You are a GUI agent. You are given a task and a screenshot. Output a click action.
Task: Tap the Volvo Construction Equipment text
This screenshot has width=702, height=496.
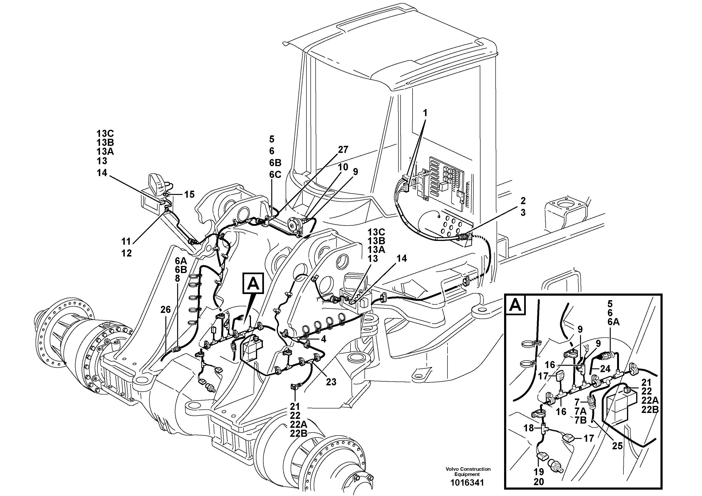point(468,471)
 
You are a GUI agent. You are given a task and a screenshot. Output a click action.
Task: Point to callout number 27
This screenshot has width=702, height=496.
point(343,150)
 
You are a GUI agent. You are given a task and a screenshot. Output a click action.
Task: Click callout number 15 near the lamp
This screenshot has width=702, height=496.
point(189,194)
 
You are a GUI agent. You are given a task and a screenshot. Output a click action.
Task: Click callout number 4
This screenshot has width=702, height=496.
point(323,339)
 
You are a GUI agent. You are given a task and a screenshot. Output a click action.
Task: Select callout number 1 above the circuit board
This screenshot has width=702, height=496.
point(425,113)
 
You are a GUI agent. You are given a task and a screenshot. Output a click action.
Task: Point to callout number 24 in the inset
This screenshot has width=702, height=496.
point(605,369)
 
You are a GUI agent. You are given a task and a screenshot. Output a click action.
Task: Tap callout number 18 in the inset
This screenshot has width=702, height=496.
point(528,428)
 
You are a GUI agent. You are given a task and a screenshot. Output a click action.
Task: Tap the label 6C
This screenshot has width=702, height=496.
point(275,174)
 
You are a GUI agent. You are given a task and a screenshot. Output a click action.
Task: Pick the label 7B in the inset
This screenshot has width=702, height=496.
point(580,420)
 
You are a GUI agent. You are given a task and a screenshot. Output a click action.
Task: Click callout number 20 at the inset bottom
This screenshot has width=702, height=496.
point(539,482)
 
